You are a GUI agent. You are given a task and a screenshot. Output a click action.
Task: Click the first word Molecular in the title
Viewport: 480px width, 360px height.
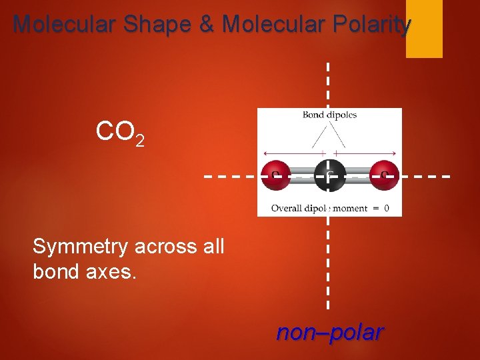coord(64,25)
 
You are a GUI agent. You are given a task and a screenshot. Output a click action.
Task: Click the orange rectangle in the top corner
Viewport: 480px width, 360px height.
coord(424,29)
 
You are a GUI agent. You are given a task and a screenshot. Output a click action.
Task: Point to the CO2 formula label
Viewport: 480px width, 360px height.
coord(120,133)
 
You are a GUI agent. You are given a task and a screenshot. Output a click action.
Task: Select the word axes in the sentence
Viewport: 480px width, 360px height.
coord(113,272)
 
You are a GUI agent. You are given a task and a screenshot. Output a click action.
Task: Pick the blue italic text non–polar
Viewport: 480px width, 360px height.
coord(329,332)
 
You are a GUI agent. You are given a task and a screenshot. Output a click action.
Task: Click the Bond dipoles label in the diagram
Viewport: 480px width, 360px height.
coord(329,115)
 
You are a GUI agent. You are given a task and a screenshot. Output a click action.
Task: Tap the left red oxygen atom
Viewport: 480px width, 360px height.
coord(275,175)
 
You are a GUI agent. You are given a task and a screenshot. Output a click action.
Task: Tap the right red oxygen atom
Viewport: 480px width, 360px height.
coord(385,175)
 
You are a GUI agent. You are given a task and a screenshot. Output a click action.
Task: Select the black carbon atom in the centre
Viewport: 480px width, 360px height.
coord(329,175)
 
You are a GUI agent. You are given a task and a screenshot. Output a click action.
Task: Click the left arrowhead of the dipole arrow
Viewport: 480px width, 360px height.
coord(266,153)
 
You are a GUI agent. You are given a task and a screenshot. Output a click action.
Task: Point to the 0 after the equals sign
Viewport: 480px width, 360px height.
coord(387,208)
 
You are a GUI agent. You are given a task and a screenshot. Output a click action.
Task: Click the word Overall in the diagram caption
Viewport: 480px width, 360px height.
coord(285,208)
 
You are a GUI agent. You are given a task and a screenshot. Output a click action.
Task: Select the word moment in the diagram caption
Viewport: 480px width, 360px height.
coord(350,208)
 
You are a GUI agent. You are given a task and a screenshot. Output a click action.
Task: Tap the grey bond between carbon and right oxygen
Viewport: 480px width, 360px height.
coord(357,175)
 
